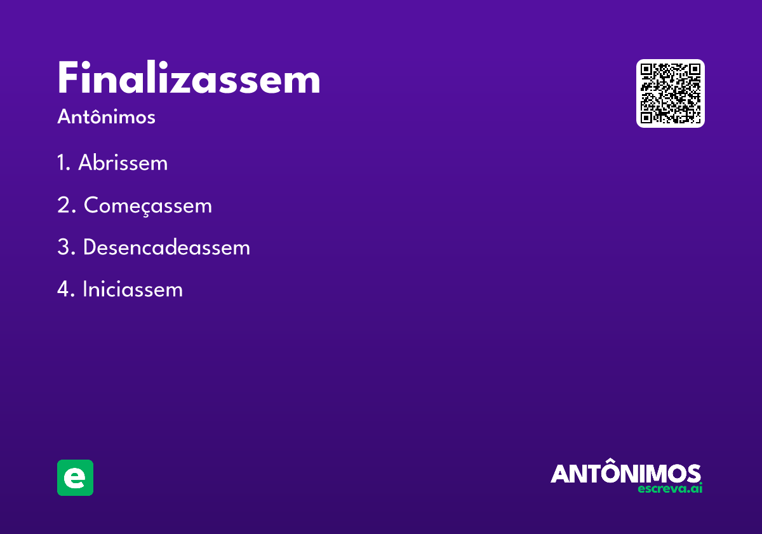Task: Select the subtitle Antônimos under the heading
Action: coord(106,118)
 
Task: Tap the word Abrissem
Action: coord(123,163)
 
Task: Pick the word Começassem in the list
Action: coord(147,206)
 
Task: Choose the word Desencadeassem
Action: coord(166,247)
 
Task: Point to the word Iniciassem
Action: coord(132,290)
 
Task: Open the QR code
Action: coord(670,93)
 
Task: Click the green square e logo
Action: coord(75,477)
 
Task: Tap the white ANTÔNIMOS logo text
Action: coord(625,473)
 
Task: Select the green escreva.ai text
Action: coord(670,489)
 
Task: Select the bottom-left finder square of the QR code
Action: coord(646,117)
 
